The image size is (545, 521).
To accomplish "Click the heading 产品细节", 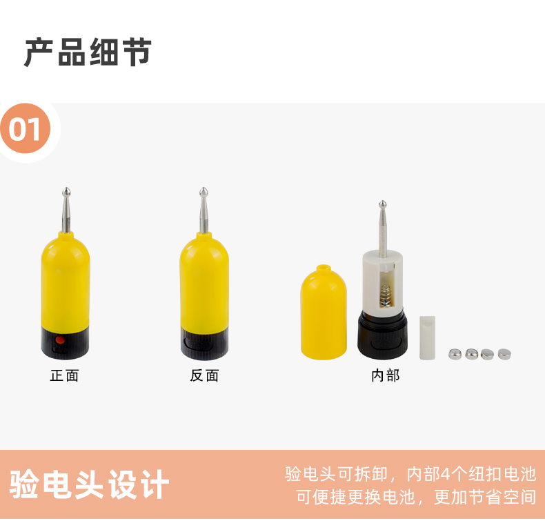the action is tap(88, 52).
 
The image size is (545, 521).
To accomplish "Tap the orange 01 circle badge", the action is tap(26, 128).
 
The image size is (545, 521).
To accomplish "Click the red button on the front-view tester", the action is tap(60, 340).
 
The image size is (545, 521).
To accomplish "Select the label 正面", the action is tap(65, 375).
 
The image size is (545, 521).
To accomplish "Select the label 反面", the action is tap(204, 375).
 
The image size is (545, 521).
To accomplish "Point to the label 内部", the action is tap(386, 375).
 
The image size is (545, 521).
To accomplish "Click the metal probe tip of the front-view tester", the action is tap(66, 193).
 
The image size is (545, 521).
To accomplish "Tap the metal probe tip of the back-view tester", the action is tap(204, 193).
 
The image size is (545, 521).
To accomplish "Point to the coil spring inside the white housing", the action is tap(386, 295).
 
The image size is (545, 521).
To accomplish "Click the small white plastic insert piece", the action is tap(427, 337).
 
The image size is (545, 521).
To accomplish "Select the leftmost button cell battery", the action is tap(455, 354).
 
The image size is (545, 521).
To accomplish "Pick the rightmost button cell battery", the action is tap(504, 354).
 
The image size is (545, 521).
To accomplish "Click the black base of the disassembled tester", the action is tap(382, 335).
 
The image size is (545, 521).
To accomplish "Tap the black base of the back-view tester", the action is tap(204, 342).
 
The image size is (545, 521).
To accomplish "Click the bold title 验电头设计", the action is tap(89, 484).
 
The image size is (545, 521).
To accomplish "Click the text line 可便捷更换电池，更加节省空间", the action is tap(416, 497).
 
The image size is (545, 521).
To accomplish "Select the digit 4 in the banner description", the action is tap(446, 474).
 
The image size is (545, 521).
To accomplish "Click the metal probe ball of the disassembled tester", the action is tap(383, 204).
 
